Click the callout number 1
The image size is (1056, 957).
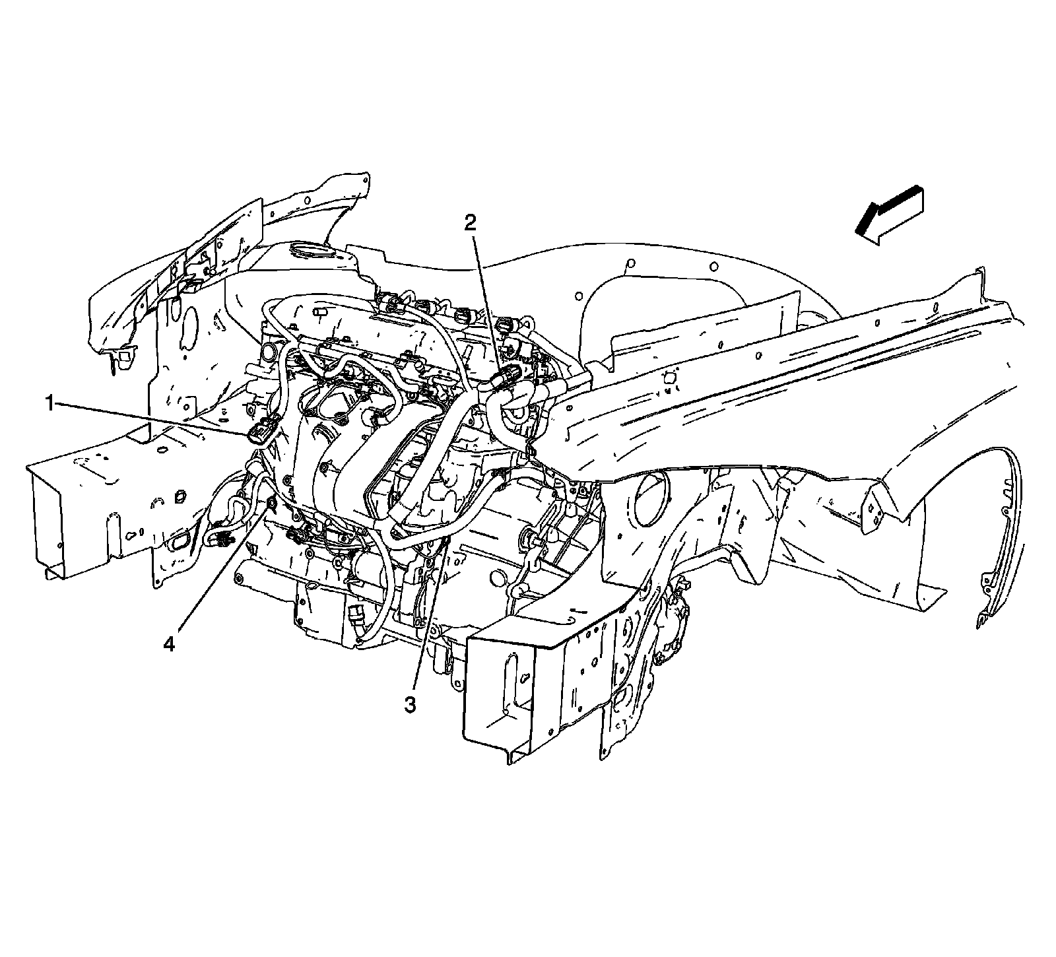(x=49, y=402)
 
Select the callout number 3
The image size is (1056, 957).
(x=411, y=704)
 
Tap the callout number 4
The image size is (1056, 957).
(x=170, y=643)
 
